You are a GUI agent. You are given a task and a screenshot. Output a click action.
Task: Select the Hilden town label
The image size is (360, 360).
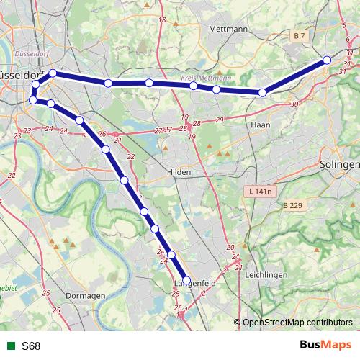tap(178, 173)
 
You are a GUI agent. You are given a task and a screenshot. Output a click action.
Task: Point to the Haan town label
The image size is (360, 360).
tap(259, 125)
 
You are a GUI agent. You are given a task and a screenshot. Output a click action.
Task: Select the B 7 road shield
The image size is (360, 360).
tap(299, 35)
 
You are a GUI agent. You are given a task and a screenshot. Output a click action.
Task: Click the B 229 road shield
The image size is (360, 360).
tap(292, 206)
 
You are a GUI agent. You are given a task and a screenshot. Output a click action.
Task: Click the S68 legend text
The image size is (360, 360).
tap(31, 346)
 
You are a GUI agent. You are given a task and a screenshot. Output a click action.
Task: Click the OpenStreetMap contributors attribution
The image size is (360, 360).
tap(297, 323)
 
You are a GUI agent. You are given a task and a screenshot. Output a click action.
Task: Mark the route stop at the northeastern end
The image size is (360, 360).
tap(328, 60)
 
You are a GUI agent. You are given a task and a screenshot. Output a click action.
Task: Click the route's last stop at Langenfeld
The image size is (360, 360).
tap(186, 281)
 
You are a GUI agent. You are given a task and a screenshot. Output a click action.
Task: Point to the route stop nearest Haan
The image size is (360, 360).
tap(263, 92)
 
